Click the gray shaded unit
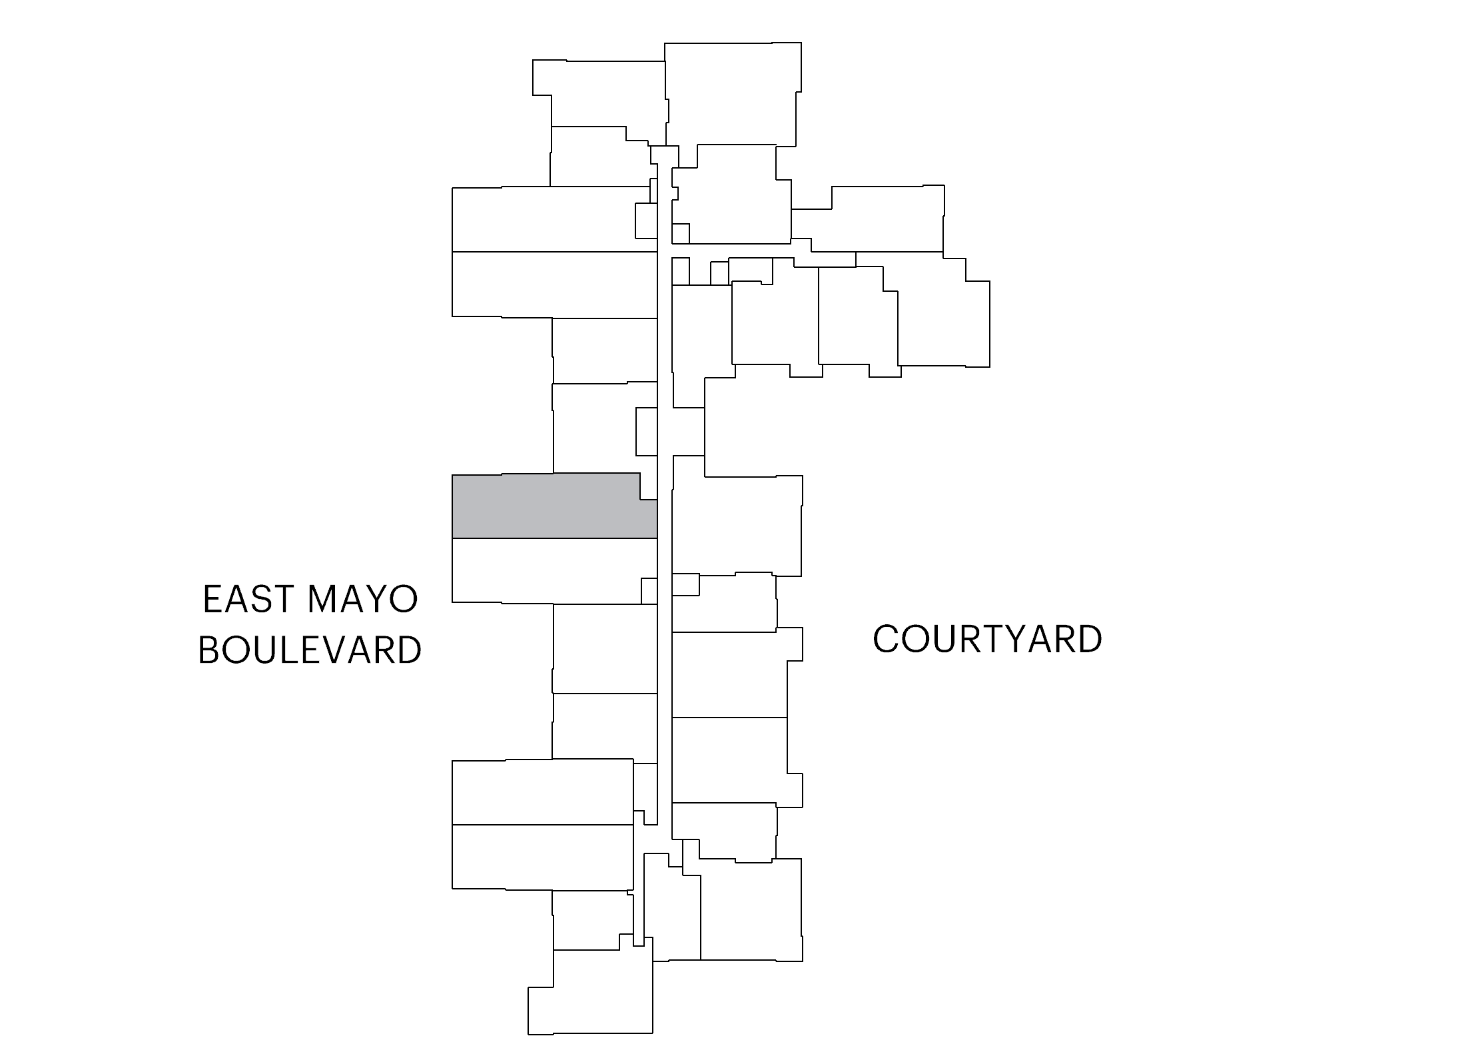(x=546, y=506)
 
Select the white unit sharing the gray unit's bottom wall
(x=546, y=571)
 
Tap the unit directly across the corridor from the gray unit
(x=736, y=526)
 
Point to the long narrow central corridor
(x=665, y=493)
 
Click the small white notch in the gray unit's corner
(x=649, y=486)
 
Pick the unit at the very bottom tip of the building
(x=590, y=993)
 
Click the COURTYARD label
(x=987, y=639)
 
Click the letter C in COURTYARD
(x=887, y=639)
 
